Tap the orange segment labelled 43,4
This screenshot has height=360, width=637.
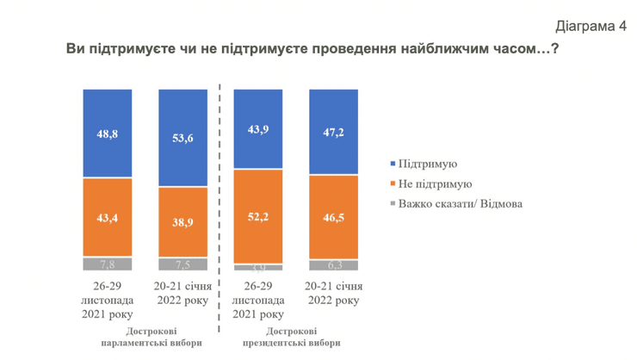click(x=108, y=218)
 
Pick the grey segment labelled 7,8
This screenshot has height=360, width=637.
click(x=108, y=264)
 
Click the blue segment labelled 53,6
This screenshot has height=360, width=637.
click(x=183, y=137)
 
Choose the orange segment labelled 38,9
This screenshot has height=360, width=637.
click(x=183, y=222)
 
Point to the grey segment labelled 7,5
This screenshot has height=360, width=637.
click(x=183, y=264)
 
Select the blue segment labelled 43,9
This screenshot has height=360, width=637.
click(x=259, y=128)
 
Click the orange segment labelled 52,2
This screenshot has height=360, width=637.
click(x=259, y=216)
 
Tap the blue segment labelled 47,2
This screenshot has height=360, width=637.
click(x=334, y=132)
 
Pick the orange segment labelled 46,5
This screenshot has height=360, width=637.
click(x=334, y=217)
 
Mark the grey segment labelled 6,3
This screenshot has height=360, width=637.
click(x=334, y=265)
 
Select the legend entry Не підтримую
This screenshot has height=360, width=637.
click(x=435, y=184)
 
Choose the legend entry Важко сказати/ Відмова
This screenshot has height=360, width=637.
click(x=460, y=204)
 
